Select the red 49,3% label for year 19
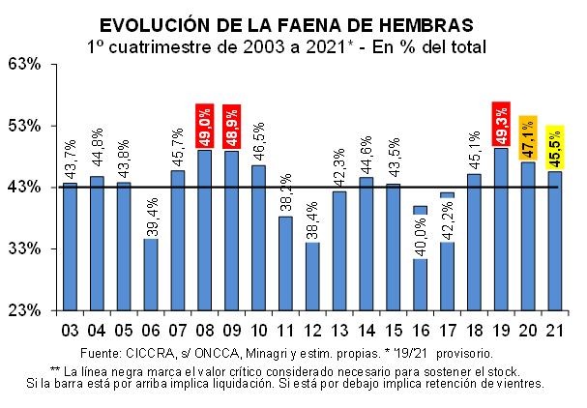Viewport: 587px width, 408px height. [x=501, y=124]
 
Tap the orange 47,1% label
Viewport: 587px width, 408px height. [x=528, y=138]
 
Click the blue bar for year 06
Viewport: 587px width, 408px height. [x=150, y=274]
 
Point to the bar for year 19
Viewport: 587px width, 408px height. [x=501, y=228]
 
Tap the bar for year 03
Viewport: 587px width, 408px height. [x=70, y=246]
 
